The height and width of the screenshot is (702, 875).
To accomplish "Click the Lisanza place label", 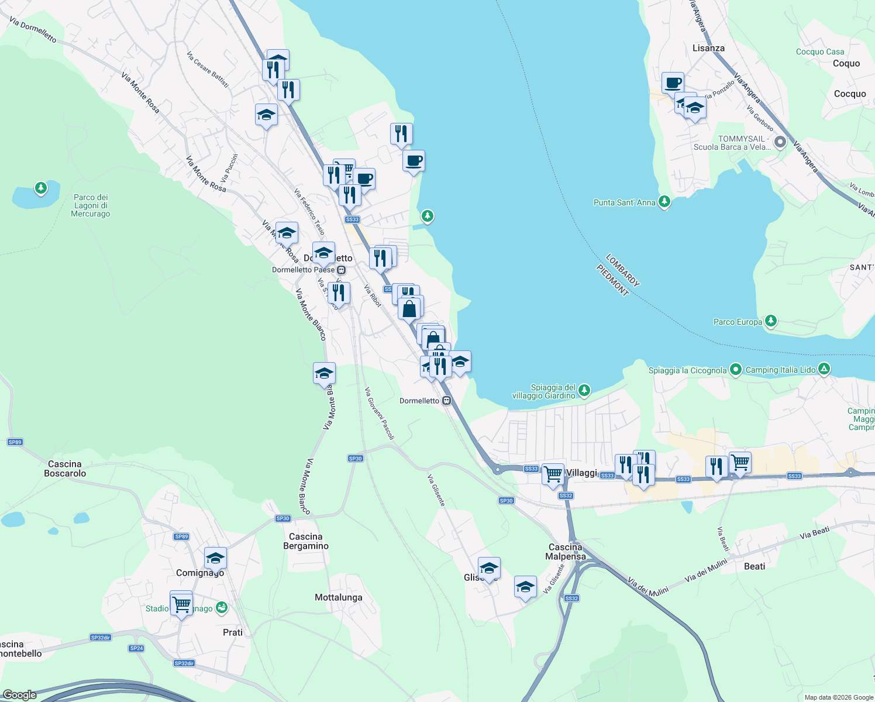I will point(708,48).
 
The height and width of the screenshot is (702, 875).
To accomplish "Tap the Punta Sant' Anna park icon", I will point(664,202).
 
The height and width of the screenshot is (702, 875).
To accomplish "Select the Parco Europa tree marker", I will point(771,321).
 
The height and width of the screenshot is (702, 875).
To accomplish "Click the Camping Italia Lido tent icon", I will point(824,369).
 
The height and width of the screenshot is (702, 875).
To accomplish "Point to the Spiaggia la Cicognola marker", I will point(736,369).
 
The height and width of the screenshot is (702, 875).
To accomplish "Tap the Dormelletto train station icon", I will point(447,401).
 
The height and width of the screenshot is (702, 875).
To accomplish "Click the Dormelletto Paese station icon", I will point(342,270).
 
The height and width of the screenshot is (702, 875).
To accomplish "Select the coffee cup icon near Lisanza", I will point(673,82).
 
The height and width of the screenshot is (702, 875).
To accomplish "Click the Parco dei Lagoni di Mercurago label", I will point(91,205).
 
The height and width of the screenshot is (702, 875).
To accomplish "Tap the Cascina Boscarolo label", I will point(65,469).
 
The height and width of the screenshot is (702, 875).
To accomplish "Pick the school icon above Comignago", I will point(215,558).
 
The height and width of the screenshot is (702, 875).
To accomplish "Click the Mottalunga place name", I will point(338,597).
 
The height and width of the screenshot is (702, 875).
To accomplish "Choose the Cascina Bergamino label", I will point(305,541).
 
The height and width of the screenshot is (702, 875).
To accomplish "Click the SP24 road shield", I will point(136,648).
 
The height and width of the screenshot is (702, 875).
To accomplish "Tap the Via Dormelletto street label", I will point(33,30).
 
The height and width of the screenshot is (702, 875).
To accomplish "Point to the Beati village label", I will point(755,566).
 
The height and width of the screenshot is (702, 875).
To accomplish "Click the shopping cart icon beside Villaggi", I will point(553,474).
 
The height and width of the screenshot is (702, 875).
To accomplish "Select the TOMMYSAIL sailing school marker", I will point(780,142).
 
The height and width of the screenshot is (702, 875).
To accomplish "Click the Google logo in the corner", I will point(20,695).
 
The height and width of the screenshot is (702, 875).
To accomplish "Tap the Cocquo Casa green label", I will point(820,51).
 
